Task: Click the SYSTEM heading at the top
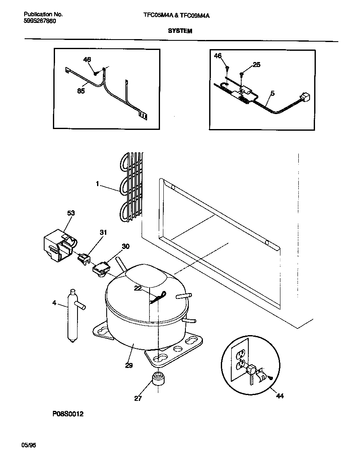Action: pyautogui.click(x=180, y=31)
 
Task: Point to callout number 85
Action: pyautogui.click(x=81, y=91)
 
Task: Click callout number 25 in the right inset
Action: pyautogui.click(x=256, y=65)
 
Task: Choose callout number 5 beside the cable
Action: pyautogui.click(x=272, y=94)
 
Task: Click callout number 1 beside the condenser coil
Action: pyautogui.click(x=97, y=183)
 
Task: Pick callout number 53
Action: pyautogui.click(x=71, y=214)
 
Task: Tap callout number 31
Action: pyautogui.click(x=103, y=232)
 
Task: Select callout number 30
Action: pyautogui.click(x=125, y=246)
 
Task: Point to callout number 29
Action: pyautogui.click(x=129, y=365)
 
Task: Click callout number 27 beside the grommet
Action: pyautogui.click(x=138, y=398)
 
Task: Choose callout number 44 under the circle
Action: pyautogui.click(x=280, y=396)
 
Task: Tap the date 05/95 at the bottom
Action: pyautogui.click(x=29, y=445)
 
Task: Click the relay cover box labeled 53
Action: pyautogui.click(x=58, y=248)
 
